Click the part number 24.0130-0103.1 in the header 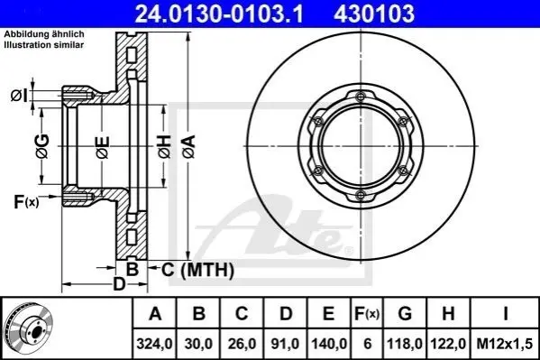point(219,14)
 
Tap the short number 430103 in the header point(374,14)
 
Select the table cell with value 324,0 point(155,344)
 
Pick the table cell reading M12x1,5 point(505,344)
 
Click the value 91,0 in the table point(286,344)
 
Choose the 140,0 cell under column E point(329,344)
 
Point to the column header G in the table point(405,313)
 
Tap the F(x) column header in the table point(367,313)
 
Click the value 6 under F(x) point(367,344)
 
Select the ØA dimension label point(189,147)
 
